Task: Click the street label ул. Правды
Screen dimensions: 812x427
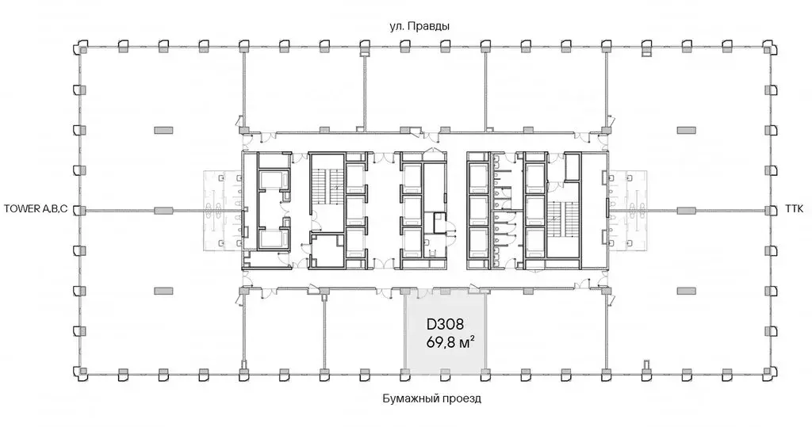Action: (x=419, y=26)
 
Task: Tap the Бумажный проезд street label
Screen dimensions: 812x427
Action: (x=432, y=399)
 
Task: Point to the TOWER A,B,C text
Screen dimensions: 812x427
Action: (x=36, y=210)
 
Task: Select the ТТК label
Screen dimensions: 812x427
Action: (x=795, y=210)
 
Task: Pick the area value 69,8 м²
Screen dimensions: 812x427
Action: (x=450, y=342)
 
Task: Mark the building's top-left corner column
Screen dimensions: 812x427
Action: (x=82, y=48)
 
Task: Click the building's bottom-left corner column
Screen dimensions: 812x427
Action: (x=82, y=372)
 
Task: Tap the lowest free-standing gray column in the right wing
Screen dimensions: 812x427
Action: (x=687, y=291)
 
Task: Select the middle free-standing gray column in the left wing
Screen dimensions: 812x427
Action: (x=163, y=210)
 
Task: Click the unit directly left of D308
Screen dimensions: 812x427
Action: (x=364, y=332)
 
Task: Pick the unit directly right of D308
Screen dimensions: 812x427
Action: (x=546, y=332)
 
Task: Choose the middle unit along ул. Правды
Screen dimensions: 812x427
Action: (x=426, y=89)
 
